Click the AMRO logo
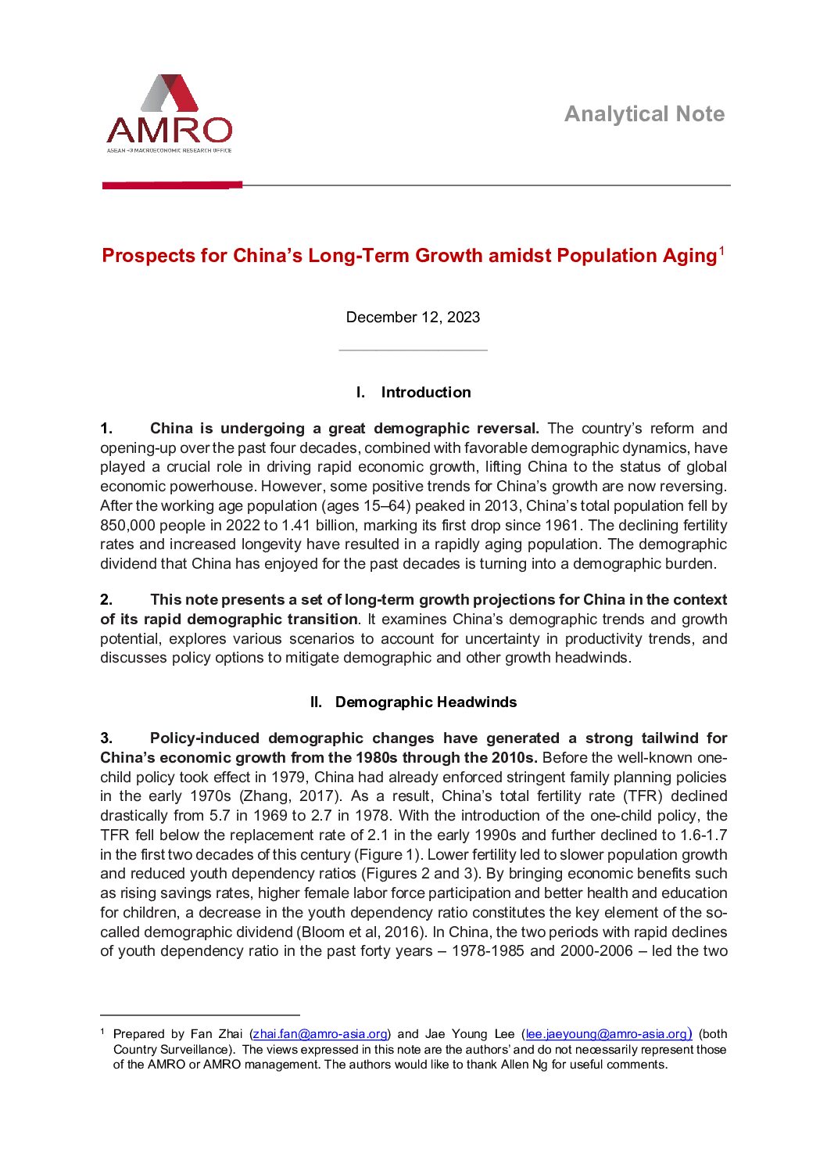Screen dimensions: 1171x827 click(x=169, y=114)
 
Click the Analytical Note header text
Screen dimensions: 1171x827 click(x=644, y=114)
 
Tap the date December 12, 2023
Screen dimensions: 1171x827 click(x=413, y=318)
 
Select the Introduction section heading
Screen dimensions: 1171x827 click(x=425, y=393)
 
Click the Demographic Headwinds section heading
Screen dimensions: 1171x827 click(x=425, y=702)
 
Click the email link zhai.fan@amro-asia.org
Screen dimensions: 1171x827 click(x=320, y=1034)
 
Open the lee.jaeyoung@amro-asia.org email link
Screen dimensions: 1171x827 click(x=607, y=1034)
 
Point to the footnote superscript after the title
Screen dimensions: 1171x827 click(x=722, y=251)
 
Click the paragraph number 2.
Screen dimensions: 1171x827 click(x=106, y=600)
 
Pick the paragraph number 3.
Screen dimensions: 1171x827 click(x=106, y=738)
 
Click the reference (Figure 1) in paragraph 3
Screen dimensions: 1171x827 click(x=390, y=855)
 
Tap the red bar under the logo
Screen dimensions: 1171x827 click(x=172, y=185)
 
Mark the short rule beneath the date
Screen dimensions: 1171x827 click(x=413, y=350)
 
